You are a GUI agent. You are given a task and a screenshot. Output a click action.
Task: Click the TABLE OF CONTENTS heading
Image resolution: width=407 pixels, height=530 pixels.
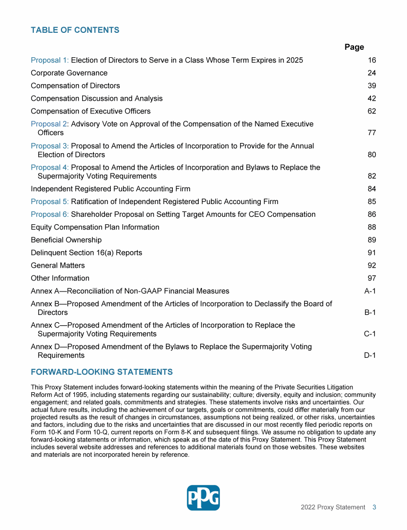75,30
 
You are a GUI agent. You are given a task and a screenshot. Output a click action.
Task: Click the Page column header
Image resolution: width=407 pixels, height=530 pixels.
354,47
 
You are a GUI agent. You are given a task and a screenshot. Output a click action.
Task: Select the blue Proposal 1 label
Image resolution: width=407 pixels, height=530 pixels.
50,60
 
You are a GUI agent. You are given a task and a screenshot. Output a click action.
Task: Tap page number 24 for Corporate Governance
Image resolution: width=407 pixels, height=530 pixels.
371,73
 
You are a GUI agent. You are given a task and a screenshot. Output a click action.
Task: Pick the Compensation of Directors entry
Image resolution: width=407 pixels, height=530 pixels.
75,86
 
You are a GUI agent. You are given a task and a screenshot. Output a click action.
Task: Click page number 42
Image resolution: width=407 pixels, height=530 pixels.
371,99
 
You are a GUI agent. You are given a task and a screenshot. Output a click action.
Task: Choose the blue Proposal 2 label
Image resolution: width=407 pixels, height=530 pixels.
50,124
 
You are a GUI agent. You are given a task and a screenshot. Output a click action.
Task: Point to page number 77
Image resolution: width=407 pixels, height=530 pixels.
371,133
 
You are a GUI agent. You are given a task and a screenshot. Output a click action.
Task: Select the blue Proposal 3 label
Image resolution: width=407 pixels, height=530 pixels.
50,146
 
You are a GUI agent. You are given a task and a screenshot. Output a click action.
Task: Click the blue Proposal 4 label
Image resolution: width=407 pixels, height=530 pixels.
50,167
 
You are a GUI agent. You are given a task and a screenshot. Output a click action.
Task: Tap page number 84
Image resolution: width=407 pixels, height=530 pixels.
371,189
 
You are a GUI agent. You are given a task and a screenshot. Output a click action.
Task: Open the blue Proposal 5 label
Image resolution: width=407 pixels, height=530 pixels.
50,202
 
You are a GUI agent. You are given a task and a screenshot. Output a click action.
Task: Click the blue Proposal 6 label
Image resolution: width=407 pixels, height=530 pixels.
50,215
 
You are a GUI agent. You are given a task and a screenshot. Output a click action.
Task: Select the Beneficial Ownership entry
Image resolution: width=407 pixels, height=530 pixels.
66,240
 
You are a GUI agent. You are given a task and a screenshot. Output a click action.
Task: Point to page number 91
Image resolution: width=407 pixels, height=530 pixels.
371,253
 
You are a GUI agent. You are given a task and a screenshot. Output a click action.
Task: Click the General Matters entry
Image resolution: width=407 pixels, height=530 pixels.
58,266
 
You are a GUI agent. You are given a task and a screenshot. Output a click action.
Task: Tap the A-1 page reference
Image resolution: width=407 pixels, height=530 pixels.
369,291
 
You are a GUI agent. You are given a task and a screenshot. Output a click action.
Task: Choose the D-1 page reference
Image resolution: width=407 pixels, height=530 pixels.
369,356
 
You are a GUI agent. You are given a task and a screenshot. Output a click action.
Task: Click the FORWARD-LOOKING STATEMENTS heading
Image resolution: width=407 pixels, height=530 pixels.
102,372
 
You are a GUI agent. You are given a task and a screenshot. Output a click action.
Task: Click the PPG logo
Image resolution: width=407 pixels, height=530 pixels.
203,498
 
